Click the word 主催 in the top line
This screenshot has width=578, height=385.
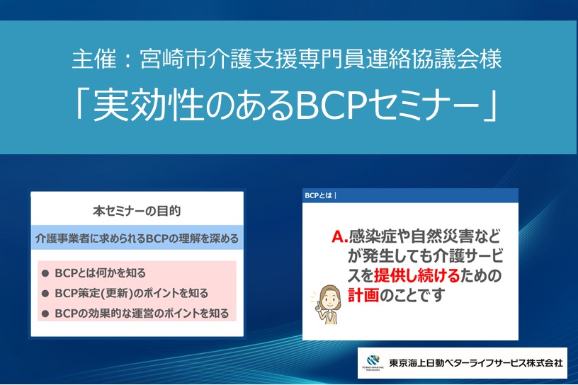pos(94,59)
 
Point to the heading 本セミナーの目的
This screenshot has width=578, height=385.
pos(137,211)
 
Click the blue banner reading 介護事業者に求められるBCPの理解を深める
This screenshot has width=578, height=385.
pos(137,238)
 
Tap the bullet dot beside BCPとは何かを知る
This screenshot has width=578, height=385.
pos(45,273)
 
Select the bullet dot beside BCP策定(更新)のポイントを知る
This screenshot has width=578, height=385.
pos(45,294)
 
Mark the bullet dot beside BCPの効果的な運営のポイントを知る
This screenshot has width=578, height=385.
pos(45,314)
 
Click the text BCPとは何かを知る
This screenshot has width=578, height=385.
pos(101,273)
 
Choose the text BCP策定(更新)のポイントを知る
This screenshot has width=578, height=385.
pos(132,293)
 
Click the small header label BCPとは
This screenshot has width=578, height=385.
pos(319,195)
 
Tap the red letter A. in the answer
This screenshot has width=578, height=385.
pos(339,236)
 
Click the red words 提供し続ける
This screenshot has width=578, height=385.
pos(417,275)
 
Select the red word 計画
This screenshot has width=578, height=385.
pos(363,295)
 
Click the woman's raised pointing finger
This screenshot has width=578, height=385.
pos(318,305)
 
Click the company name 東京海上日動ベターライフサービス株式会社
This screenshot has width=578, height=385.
pos(476,363)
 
